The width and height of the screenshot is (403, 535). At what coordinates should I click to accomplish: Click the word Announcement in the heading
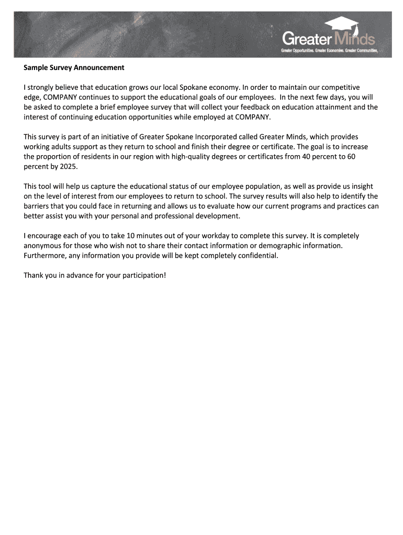pos(99,67)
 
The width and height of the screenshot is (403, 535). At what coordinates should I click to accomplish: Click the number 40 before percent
pos(301,156)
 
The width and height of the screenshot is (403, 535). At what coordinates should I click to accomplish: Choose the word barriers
pos(37,206)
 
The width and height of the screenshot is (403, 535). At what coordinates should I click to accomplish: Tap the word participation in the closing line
pos(143,275)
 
